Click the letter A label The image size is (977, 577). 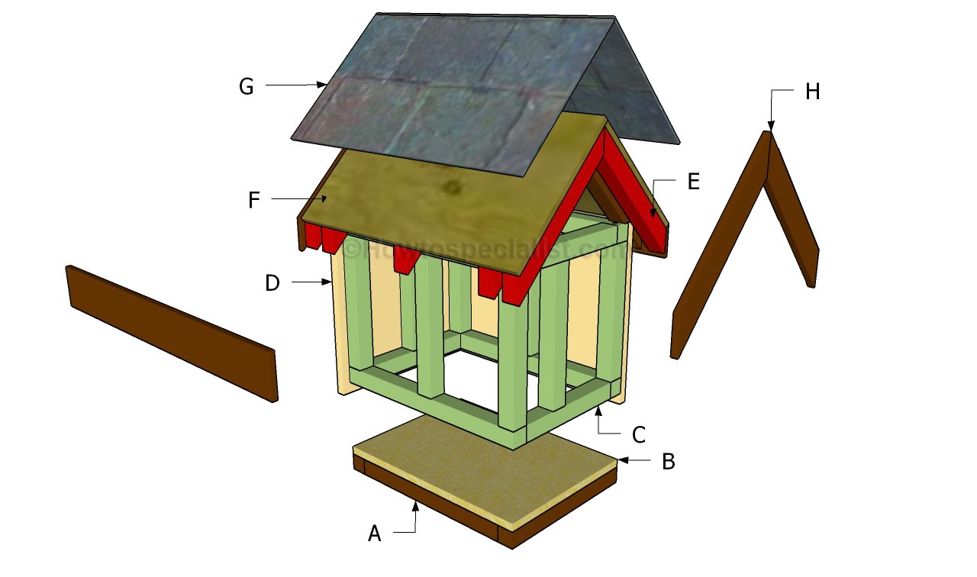pyautogui.click(x=374, y=534)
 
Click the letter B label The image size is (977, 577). pyautogui.click(x=668, y=462)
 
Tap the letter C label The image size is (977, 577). pyautogui.click(x=639, y=434)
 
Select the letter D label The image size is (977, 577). pyautogui.click(x=272, y=283)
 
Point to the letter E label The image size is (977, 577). pyautogui.click(x=692, y=181)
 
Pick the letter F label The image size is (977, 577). pyautogui.click(x=254, y=200)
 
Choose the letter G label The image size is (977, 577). pyautogui.click(x=246, y=87)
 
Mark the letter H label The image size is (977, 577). pyautogui.click(x=812, y=92)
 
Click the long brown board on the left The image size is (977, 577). pyautogui.click(x=172, y=332)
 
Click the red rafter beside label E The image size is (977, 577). pyautogui.click(x=637, y=198)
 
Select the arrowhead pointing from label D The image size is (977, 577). pyautogui.click(x=327, y=283)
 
